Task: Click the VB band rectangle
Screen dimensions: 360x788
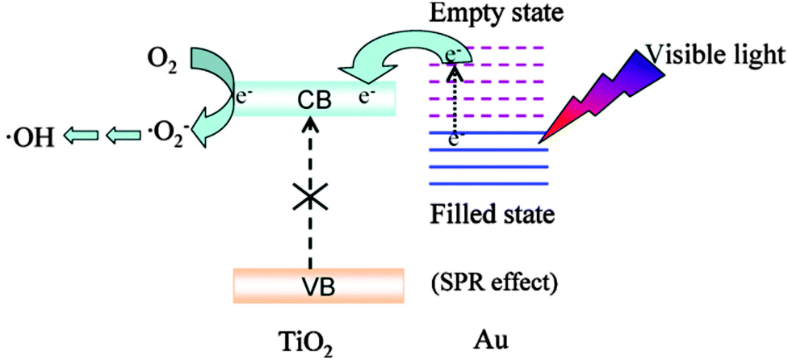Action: [x=320, y=285]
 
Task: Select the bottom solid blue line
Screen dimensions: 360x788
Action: [x=488, y=185]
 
